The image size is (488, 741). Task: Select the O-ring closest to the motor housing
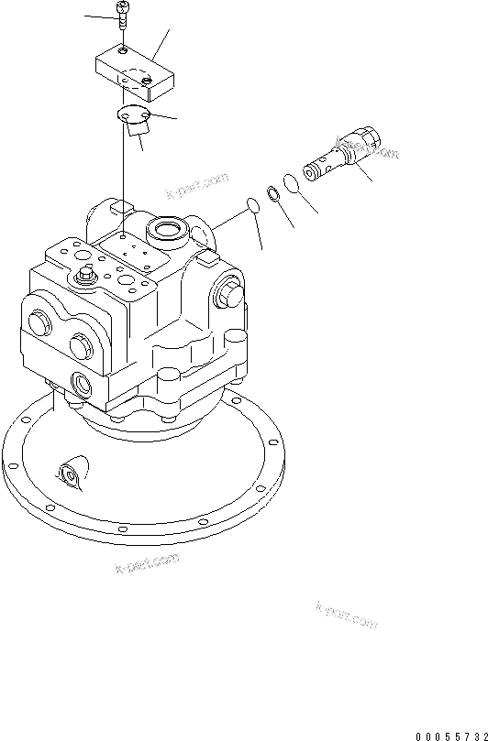[250, 209]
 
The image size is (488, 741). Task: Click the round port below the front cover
[79, 384]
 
